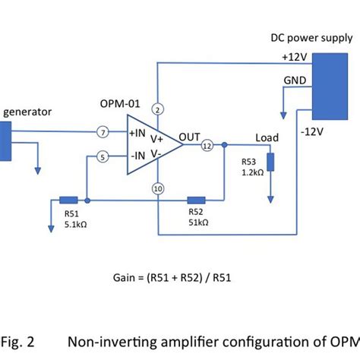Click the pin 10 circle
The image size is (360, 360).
[x=157, y=188]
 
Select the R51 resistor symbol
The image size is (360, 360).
[x=69, y=201]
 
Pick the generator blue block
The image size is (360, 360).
[x=5, y=141]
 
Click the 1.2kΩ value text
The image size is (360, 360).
[x=252, y=172]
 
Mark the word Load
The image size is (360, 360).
[x=267, y=137]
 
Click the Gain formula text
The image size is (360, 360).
[x=180, y=276]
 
